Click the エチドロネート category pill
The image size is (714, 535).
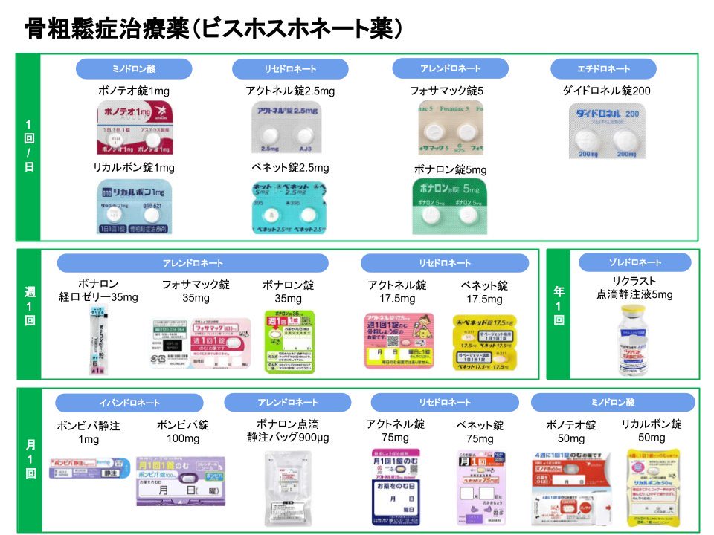coord(603,69)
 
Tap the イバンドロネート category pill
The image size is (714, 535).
coord(129,403)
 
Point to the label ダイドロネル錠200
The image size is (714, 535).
coord(606,91)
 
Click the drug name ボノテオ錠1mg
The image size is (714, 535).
coord(134,91)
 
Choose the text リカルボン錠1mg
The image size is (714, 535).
coord(134,168)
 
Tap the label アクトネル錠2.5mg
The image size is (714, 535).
coord(290,91)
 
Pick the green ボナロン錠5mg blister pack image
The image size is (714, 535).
coord(449,206)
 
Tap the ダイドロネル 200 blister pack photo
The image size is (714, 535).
coord(607,131)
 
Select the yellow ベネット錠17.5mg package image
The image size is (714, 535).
coord(484,342)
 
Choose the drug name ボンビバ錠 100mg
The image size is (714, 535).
coord(183,432)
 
